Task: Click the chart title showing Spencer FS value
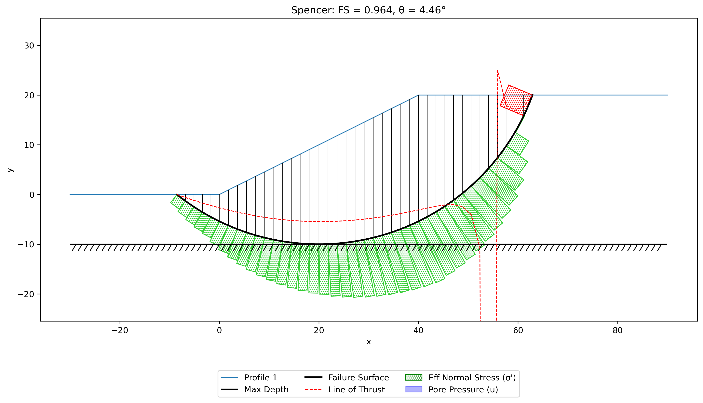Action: (368, 10)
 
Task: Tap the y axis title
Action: (10, 170)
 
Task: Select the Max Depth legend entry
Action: (255, 389)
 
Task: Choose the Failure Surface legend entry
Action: (347, 378)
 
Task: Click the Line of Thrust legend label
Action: (357, 389)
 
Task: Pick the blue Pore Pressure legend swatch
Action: (413, 389)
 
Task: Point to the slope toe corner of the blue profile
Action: (219, 195)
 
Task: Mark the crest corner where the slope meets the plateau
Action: (418, 95)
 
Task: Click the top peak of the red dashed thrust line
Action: (497, 70)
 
